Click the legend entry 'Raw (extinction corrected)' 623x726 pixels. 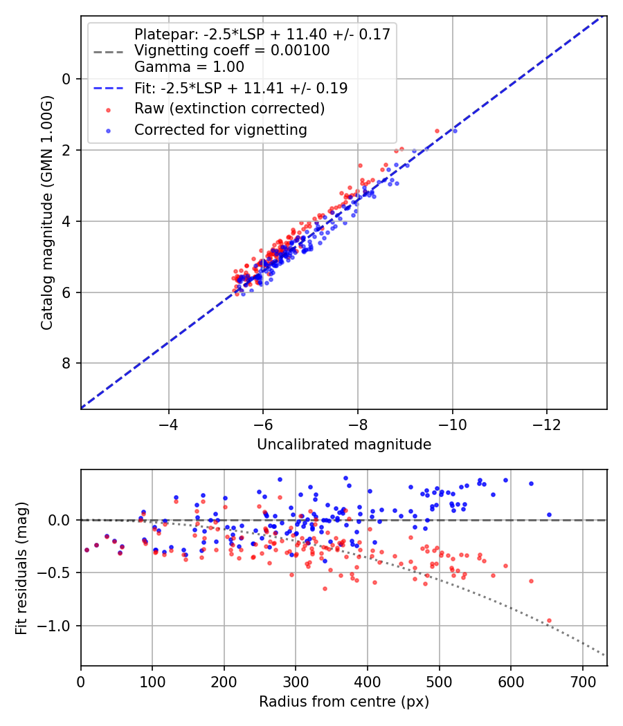[229, 109]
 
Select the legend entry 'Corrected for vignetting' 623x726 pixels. [220, 129]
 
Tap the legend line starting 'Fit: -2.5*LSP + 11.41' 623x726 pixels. [240, 89]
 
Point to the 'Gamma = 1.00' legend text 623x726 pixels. [189, 67]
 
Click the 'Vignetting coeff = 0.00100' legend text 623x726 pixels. [232, 50]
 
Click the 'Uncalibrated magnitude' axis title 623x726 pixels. [344, 445]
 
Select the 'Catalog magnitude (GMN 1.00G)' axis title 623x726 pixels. [47, 213]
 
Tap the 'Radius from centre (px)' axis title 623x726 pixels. [344, 702]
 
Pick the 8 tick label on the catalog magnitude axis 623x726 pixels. [66, 363]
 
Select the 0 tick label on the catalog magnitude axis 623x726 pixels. [66, 79]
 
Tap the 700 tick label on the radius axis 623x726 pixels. [583, 682]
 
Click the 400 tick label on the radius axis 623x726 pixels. [368, 682]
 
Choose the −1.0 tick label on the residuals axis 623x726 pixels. [57, 626]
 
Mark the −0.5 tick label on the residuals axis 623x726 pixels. [57, 573]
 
